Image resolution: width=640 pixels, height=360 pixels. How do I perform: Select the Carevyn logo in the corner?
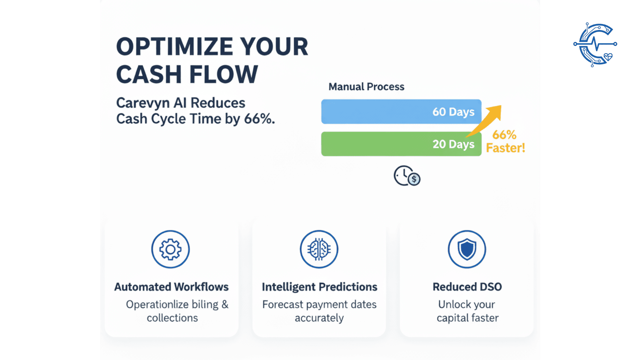(595, 44)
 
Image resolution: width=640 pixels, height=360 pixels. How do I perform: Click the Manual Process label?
(366, 87)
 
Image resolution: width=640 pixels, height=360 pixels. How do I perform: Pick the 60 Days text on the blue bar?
(453, 112)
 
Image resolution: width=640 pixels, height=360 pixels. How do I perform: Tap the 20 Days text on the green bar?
(453, 144)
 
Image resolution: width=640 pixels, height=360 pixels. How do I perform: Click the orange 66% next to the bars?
(504, 135)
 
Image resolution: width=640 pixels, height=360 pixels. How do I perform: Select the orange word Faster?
(505, 148)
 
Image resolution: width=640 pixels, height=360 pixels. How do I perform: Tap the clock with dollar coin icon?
(407, 176)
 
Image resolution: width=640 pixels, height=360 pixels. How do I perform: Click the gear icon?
(170, 249)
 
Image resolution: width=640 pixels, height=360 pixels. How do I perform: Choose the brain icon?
(319, 249)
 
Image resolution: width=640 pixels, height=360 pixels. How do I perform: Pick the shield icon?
(467, 249)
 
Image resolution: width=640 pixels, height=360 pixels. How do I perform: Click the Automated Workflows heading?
(171, 287)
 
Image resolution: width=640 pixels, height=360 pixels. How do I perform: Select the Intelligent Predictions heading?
(319, 287)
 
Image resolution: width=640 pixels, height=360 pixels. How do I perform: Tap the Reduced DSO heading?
(467, 287)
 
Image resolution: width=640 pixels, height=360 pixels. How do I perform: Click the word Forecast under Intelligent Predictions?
(283, 305)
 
